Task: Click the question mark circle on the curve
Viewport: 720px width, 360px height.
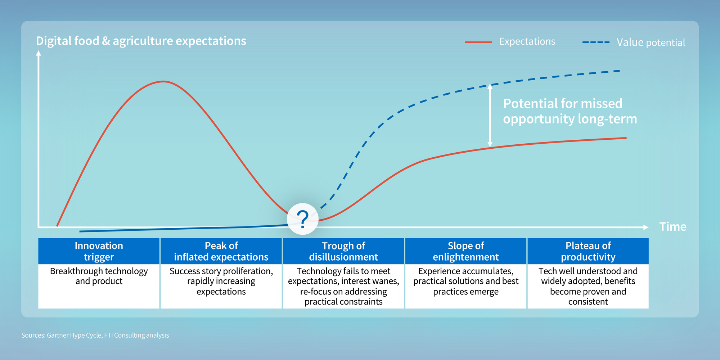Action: [302, 219]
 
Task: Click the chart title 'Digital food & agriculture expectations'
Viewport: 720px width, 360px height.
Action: [141, 41]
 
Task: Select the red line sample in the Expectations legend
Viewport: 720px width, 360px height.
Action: [478, 42]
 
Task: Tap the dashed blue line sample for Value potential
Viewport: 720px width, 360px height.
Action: [596, 42]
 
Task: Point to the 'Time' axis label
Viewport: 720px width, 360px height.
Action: [672, 227]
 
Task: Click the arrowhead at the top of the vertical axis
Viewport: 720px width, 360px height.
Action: [39, 53]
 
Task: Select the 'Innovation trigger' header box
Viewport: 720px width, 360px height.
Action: [99, 251]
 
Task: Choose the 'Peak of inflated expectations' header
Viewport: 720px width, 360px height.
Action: [221, 251]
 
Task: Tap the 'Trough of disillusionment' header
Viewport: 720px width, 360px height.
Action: [343, 251]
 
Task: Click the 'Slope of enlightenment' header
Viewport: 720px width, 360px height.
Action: [465, 251]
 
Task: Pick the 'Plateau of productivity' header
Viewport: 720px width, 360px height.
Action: [588, 251]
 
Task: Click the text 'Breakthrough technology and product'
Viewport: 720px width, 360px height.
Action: [99, 276]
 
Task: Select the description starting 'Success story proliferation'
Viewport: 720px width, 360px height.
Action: [221, 281]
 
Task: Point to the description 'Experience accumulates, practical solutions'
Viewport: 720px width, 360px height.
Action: [465, 281]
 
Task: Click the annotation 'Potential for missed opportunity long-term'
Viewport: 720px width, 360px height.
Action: [570, 111]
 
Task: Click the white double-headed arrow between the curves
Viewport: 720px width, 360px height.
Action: [490, 115]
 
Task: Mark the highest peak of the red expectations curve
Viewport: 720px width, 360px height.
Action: [163, 82]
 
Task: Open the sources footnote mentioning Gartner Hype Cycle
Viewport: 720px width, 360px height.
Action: [95, 335]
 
